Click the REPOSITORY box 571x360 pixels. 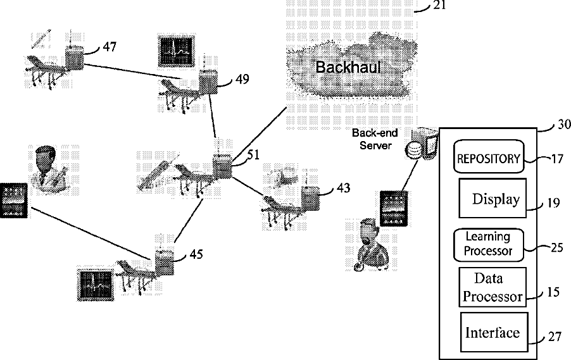[489, 156]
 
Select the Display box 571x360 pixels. [493, 198]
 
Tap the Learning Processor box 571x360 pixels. [488, 245]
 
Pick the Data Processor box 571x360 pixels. [493, 287]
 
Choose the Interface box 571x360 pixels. [494, 332]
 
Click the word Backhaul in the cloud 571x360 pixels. [348, 67]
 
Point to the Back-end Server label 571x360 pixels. [375, 139]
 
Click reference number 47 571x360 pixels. [110, 47]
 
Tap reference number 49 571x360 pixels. [242, 79]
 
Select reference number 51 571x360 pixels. [253, 155]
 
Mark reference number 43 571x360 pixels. [343, 188]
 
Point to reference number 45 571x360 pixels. [196, 254]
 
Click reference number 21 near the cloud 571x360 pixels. [439, 5]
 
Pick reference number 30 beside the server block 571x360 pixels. [564, 125]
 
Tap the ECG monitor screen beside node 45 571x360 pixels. [96, 285]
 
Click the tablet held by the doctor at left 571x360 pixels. [14, 201]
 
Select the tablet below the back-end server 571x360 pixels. [394, 209]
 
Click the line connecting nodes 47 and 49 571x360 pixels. [132, 71]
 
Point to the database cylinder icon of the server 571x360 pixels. [413, 150]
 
